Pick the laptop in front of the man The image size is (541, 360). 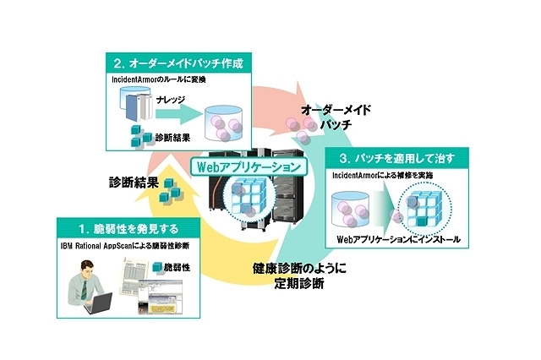[x=96, y=303]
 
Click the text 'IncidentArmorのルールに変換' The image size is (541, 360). [x=160, y=79]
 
